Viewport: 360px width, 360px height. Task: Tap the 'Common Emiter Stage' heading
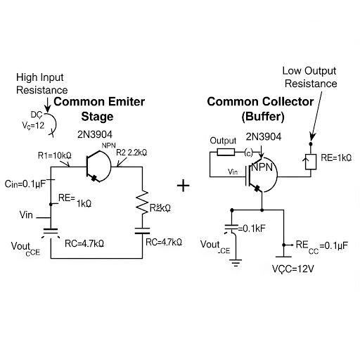[99, 108]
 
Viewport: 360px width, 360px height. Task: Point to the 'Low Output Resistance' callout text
[310, 77]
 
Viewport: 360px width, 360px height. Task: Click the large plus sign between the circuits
[184, 186]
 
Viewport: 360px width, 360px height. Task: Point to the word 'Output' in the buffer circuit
[223, 141]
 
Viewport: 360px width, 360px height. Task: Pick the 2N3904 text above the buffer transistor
[263, 136]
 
